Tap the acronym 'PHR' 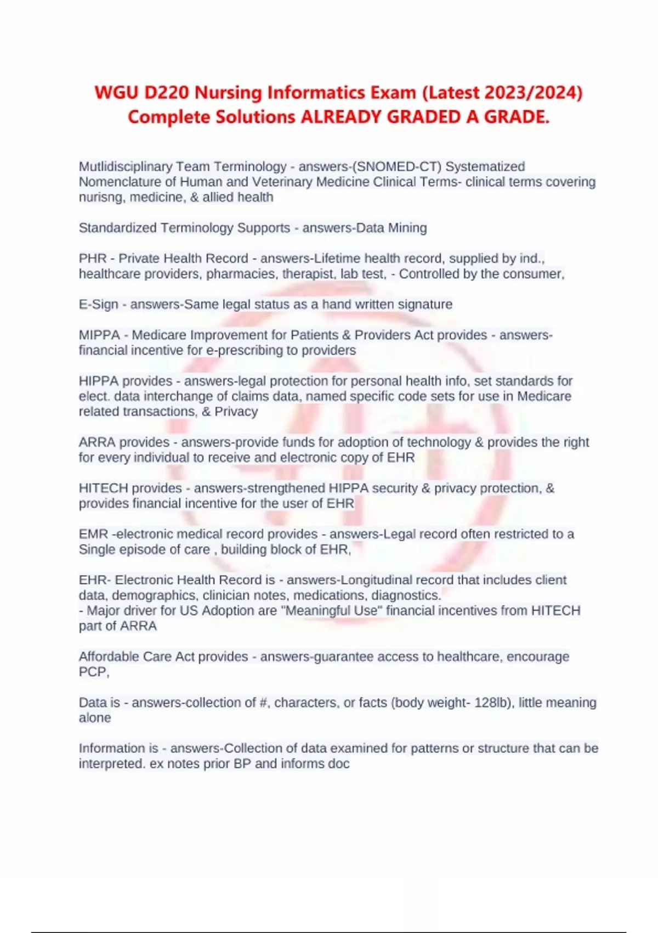pos(93,258)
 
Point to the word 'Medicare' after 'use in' pos(544,396)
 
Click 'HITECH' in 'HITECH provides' pos(104,488)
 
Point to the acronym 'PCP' pos(93,672)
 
